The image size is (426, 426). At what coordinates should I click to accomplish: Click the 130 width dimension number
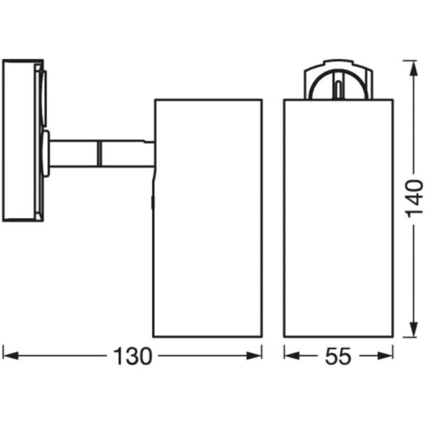coord(133,356)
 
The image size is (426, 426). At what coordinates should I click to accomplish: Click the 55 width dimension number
coord(338,356)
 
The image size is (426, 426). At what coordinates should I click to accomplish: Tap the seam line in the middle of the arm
coord(99,153)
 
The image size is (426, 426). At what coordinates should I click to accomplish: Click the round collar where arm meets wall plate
coord(46,152)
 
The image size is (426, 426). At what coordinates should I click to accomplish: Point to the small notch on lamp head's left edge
coord(153,202)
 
